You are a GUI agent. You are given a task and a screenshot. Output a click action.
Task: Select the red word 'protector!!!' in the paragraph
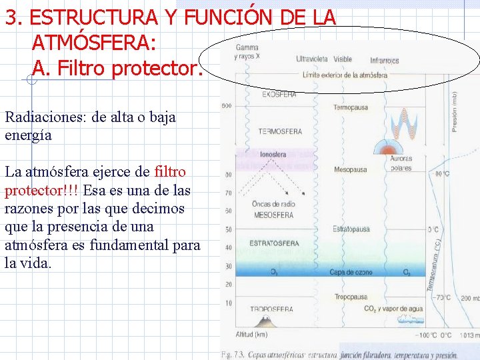click(x=41, y=191)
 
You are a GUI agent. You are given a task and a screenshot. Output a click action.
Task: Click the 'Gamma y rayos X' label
click(x=247, y=52)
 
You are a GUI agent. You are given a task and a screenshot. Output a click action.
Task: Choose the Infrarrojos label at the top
click(x=385, y=60)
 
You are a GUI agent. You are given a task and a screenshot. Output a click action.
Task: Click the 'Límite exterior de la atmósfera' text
click(x=345, y=75)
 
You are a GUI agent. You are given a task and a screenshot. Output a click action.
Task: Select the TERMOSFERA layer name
click(x=280, y=131)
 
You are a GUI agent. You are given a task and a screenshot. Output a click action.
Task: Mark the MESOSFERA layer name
click(x=273, y=215)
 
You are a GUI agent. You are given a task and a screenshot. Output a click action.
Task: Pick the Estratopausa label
click(x=351, y=229)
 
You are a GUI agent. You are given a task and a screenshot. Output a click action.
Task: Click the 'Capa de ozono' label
click(x=351, y=272)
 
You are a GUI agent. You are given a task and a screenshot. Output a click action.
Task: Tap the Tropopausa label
click(x=351, y=297)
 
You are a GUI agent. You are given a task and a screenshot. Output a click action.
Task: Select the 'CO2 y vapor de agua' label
click(x=393, y=309)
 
